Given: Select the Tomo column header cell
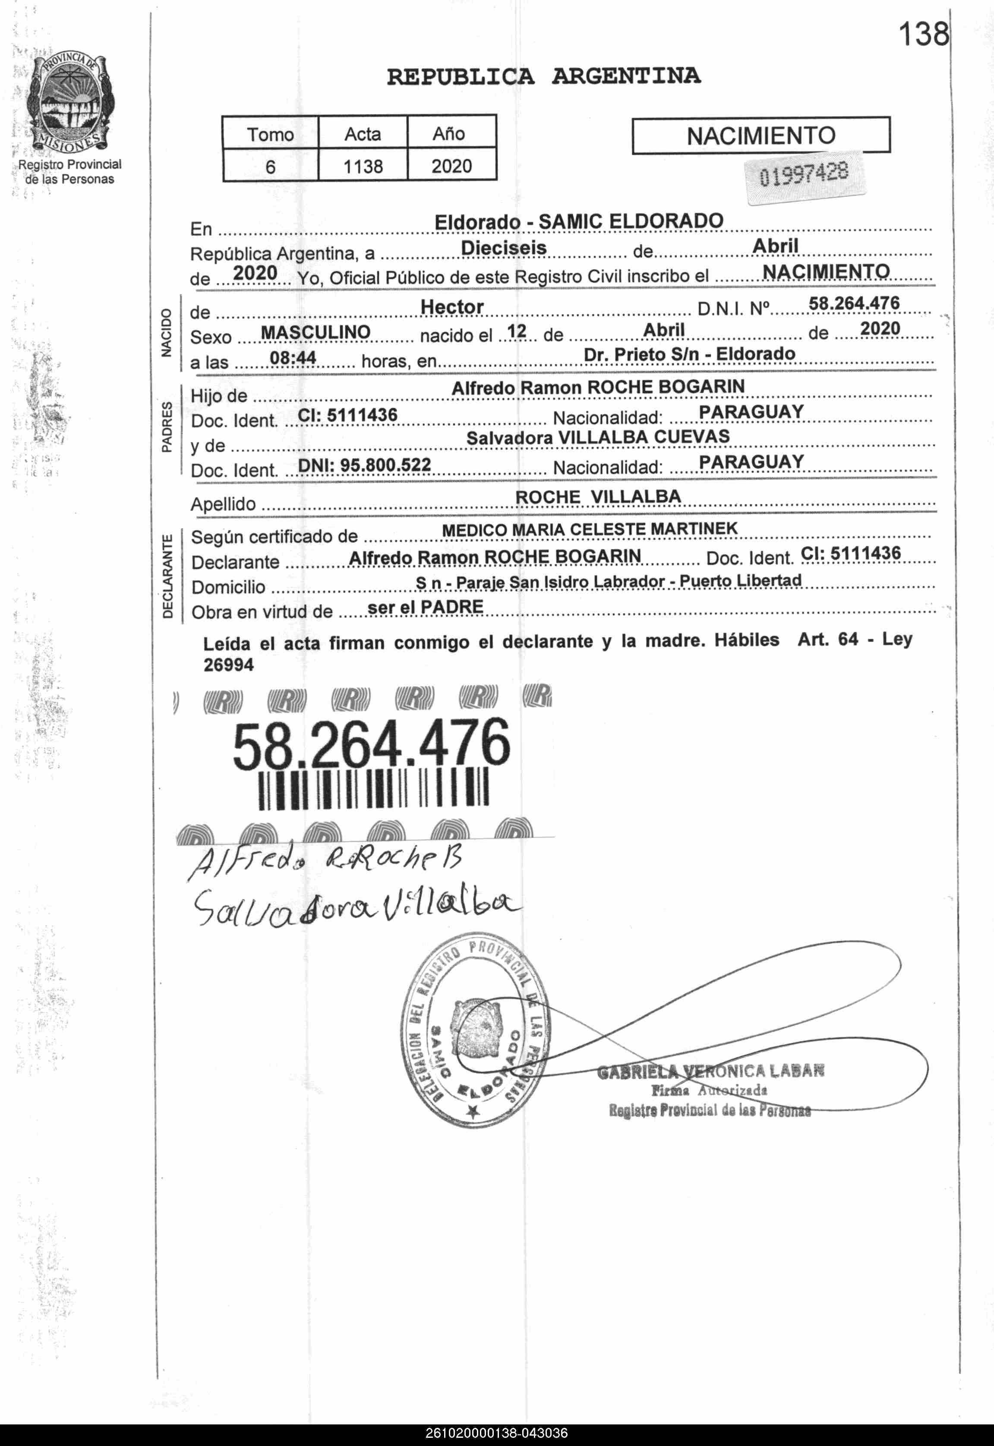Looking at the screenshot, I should click(x=270, y=134).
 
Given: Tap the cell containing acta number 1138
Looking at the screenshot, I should click(x=363, y=166).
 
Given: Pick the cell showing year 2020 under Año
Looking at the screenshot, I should click(x=451, y=166).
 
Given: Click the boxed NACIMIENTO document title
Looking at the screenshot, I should click(x=760, y=135).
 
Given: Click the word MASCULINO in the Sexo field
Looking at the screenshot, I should click(x=315, y=332).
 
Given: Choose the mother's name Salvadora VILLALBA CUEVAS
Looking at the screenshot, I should click(x=597, y=437).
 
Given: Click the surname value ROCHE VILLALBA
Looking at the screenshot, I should click(x=598, y=497).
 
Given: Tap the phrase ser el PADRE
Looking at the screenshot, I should click(x=426, y=606).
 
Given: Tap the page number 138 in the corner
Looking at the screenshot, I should click(x=922, y=34).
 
